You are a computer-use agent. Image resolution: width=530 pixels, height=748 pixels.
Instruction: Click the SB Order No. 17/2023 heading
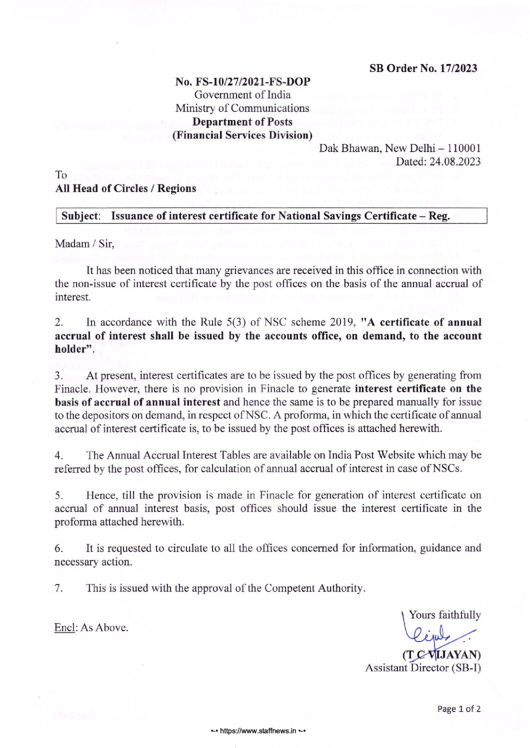tap(423, 68)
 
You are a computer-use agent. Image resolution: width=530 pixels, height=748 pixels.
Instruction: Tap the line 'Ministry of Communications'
tap(242, 108)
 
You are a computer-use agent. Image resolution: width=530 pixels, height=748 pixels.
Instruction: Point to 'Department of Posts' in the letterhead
tap(242, 122)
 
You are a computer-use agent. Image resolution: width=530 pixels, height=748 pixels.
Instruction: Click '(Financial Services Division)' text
tap(242, 135)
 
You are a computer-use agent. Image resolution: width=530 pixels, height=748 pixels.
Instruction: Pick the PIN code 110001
tap(464, 148)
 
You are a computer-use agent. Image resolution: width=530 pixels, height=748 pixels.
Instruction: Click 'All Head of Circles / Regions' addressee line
tap(125, 188)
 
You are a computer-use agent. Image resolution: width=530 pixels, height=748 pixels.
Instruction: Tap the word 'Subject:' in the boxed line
tap(81, 216)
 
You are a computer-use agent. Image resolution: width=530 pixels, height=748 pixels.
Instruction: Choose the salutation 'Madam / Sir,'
tap(84, 244)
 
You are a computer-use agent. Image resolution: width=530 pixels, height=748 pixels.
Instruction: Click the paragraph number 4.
tap(58, 455)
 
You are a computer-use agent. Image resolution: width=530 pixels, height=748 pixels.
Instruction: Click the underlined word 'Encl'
tap(64, 627)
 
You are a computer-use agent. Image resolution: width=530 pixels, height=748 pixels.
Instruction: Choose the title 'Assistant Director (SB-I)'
tap(423, 668)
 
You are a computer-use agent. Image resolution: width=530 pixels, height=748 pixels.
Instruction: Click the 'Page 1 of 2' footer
tap(458, 709)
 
